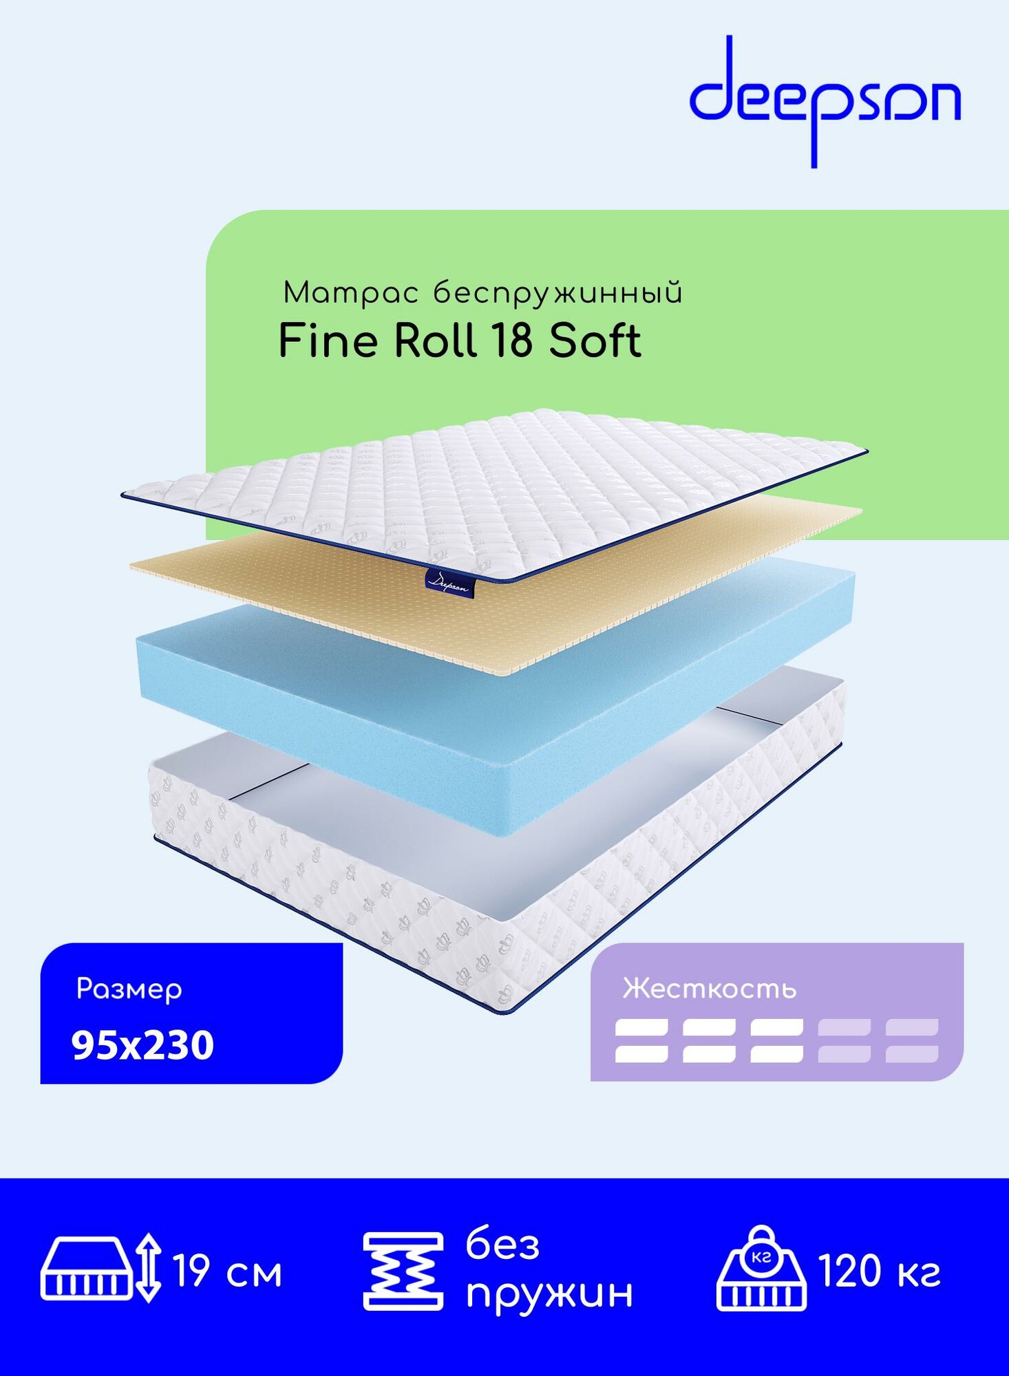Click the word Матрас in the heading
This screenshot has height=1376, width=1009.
[350, 294]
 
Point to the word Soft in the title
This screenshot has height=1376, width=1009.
[595, 341]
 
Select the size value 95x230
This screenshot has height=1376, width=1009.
[142, 1045]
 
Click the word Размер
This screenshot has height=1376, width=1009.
[129, 989]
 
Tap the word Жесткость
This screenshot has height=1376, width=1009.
[709, 989]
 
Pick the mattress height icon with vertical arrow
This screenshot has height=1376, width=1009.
[100, 1269]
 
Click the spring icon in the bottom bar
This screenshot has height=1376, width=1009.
[403, 1271]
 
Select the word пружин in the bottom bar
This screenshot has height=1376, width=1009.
[549, 1293]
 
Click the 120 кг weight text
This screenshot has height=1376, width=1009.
[879, 1271]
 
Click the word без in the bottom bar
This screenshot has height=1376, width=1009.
[502, 1245]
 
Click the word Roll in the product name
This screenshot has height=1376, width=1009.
[435, 341]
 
